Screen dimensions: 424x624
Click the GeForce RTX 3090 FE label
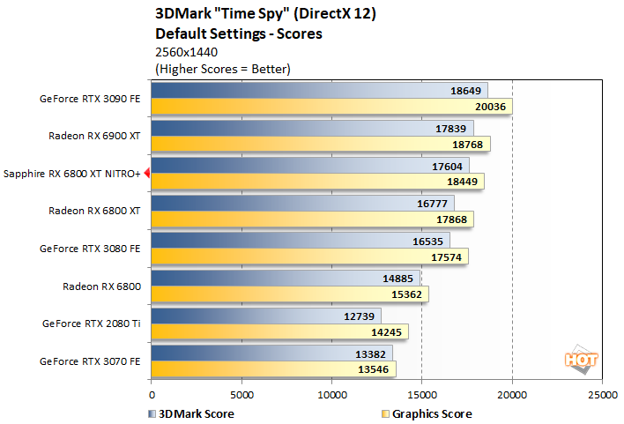92,99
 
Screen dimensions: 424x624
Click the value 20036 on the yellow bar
491,107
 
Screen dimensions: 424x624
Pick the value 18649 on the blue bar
465,91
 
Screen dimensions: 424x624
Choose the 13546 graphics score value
374,369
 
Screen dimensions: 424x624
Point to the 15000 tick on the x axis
422,395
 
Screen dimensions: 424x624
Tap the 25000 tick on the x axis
602,395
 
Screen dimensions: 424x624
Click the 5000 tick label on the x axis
241,395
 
